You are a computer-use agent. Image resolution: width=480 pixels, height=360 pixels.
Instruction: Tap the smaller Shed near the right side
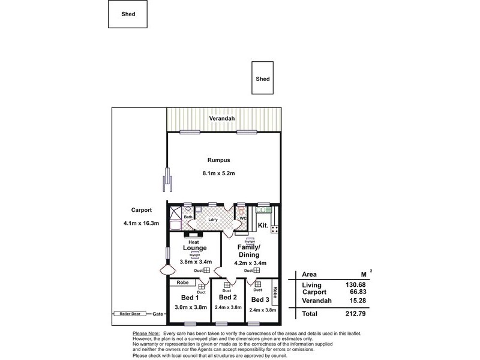pos(263,79)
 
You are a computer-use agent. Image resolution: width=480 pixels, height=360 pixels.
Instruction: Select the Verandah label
pos(221,119)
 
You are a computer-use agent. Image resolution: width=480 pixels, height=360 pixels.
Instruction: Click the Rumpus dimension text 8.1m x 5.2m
pos(219,173)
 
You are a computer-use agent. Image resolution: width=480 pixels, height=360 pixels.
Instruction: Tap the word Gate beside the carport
pos(158,314)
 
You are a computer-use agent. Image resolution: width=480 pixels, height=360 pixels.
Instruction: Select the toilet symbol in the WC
pos(241,211)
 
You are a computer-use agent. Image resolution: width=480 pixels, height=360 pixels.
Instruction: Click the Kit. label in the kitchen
pos(263,226)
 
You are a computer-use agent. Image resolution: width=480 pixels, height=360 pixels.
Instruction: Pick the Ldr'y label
pos(212,219)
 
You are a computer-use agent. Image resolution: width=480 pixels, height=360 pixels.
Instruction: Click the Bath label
pos(188,217)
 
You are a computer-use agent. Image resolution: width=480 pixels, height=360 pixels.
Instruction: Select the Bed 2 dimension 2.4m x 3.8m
pos(228,307)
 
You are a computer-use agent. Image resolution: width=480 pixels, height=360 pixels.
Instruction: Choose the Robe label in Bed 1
pos(184,283)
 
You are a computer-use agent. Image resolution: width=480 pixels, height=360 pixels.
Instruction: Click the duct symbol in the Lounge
pos(207,271)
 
